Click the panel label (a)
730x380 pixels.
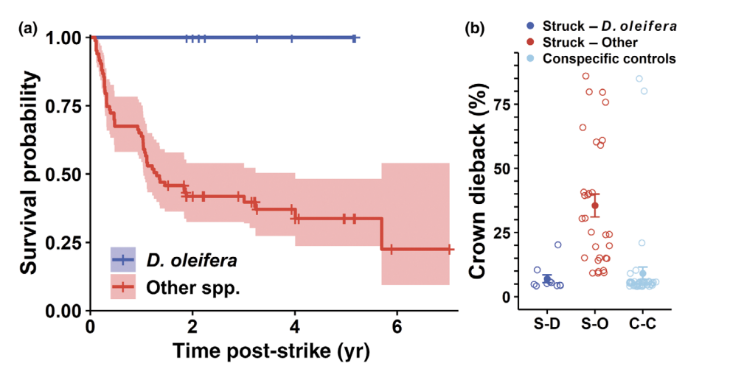coord(28,29)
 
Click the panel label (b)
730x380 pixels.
coord(475,29)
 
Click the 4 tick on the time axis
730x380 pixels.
coord(295,326)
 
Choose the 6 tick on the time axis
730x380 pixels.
coord(397,326)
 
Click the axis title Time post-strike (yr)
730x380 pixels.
coord(271,351)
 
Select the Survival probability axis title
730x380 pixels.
coord(29,172)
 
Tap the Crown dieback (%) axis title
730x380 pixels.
coord(478,181)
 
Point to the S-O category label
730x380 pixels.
coord(595,323)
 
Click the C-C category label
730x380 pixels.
coord(643,323)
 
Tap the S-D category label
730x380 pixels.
coord(546,323)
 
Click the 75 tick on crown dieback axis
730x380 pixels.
coord(501,104)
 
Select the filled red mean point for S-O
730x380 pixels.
coord(595,205)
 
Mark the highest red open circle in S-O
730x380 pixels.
coord(585,77)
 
